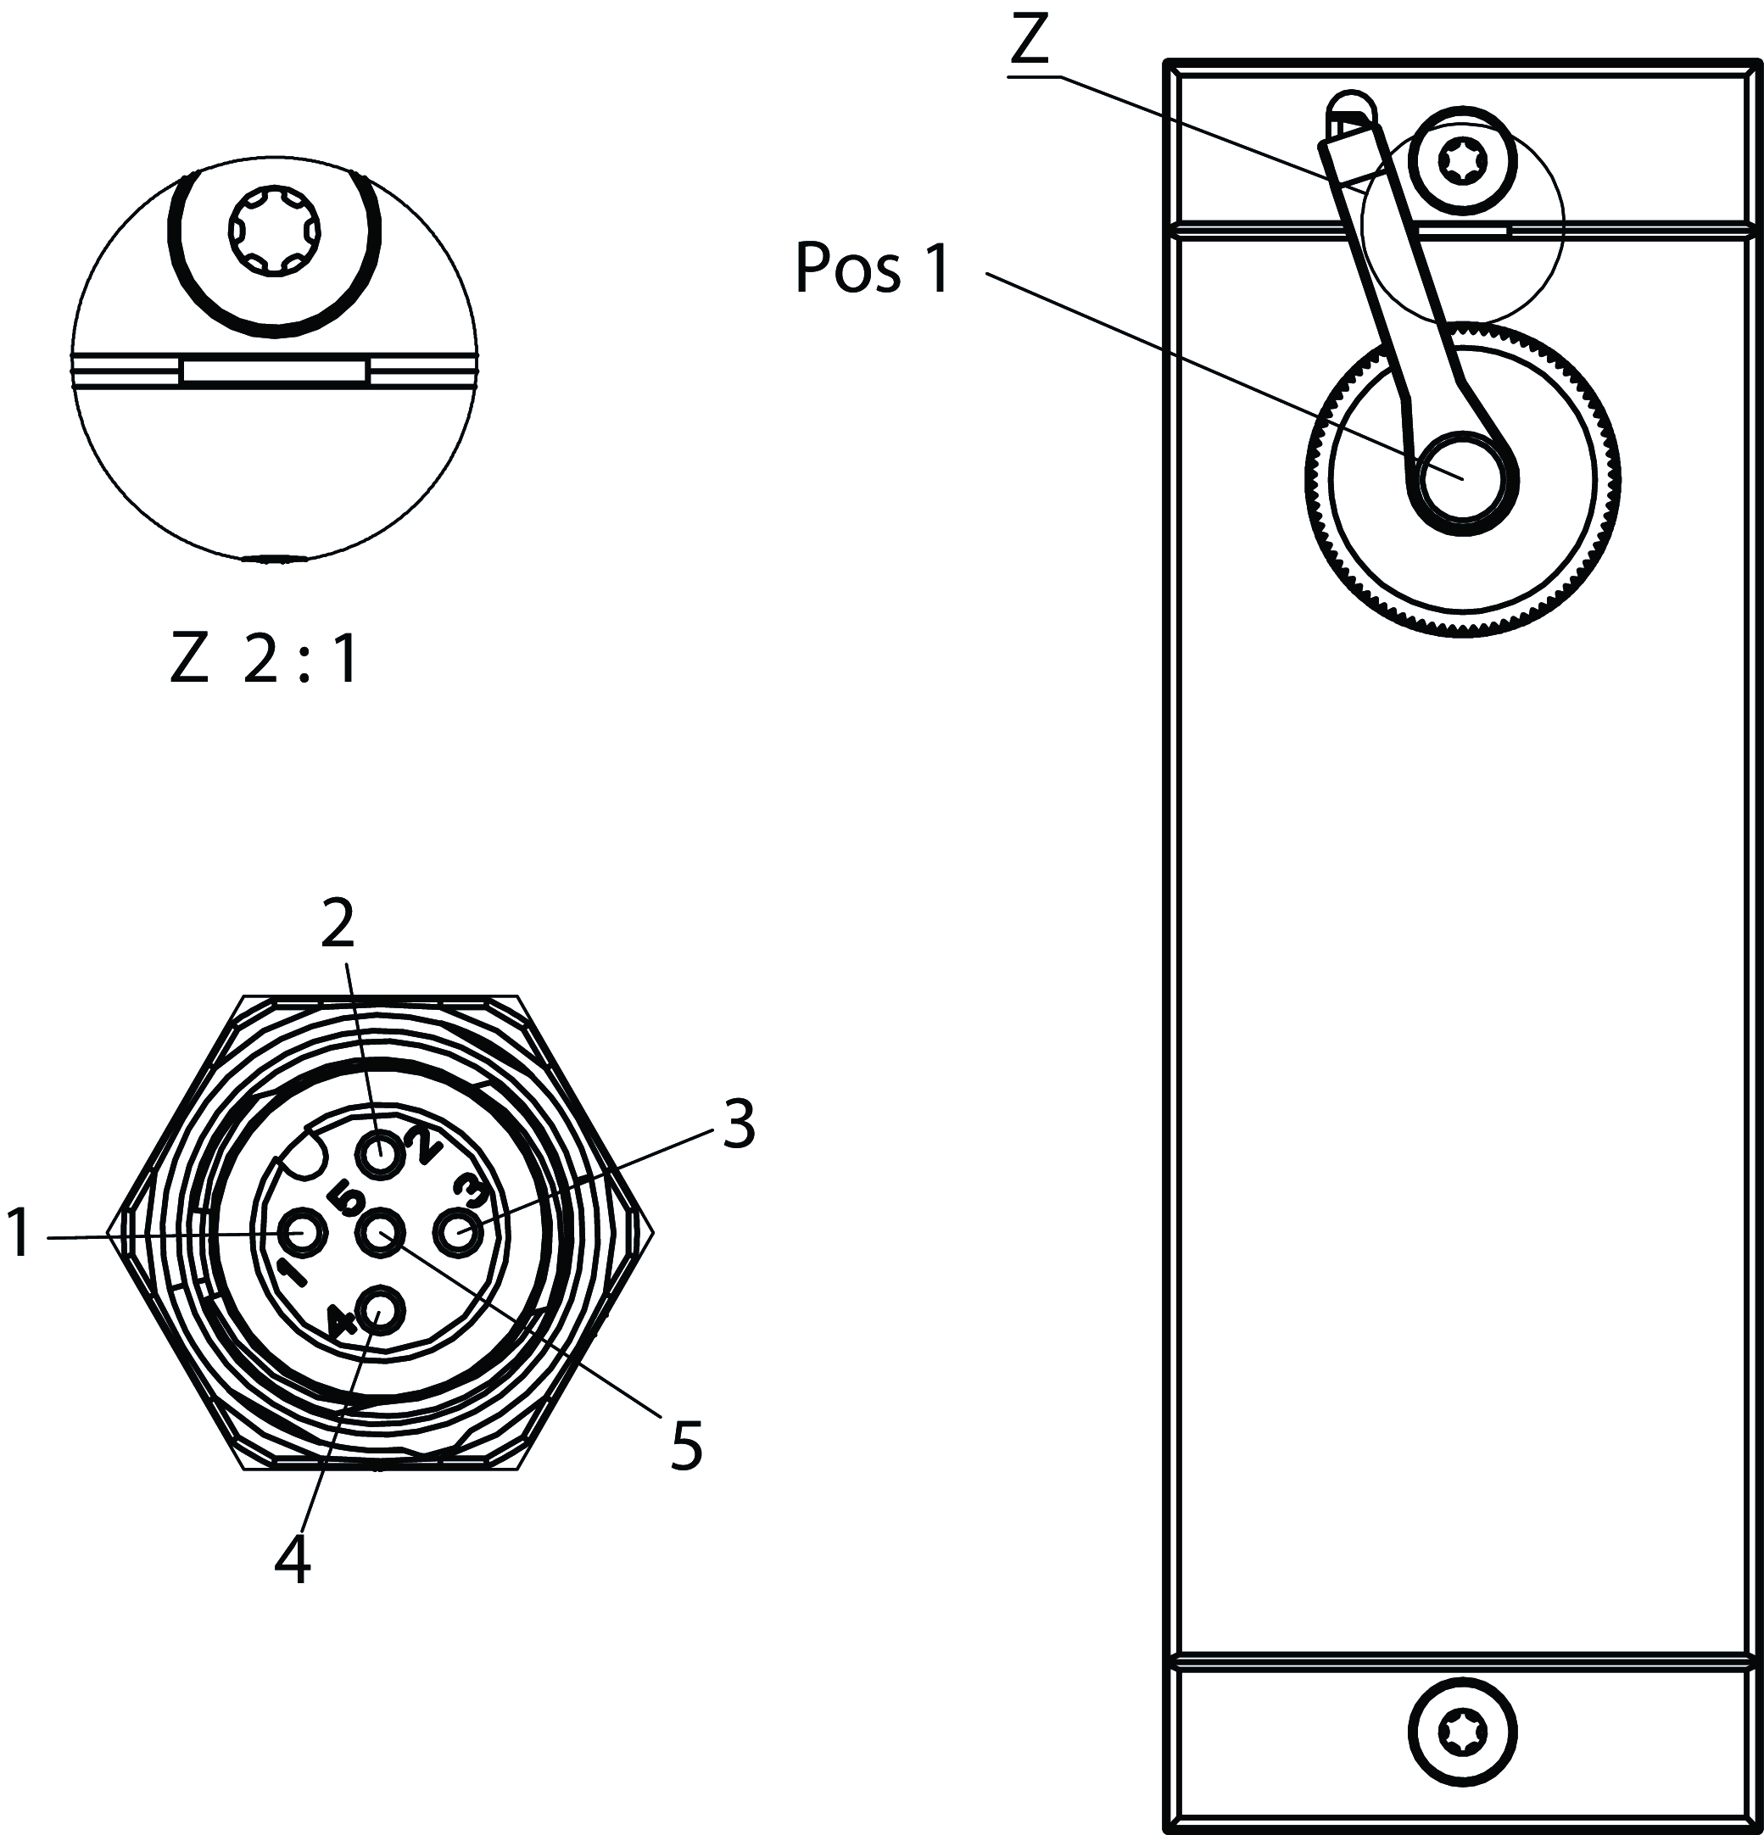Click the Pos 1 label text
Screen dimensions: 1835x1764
[872, 269]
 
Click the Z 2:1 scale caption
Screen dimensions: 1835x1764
[263, 661]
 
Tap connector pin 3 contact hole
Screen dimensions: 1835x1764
[461, 1234]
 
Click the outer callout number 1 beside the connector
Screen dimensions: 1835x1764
[19, 1234]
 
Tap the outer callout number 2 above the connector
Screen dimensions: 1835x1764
[338, 923]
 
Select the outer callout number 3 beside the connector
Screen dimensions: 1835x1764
[739, 1124]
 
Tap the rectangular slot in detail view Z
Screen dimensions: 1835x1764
[274, 371]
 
